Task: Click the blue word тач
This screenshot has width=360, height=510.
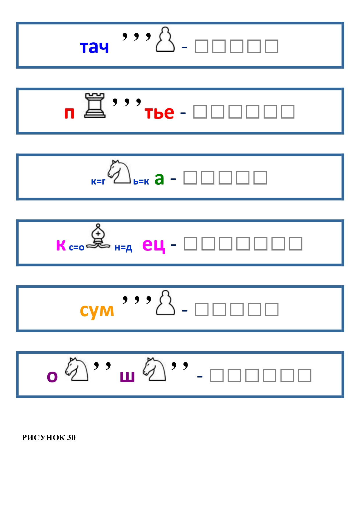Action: coord(94,47)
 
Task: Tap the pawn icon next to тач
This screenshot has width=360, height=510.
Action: coord(165,40)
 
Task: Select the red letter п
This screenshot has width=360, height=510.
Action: coord(69,113)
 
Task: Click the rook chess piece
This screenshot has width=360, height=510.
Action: coord(95,105)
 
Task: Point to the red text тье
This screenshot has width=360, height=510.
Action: coord(159,112)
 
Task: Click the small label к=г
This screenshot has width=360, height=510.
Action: coord(98,182)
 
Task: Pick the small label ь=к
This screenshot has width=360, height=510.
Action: coord(141,182)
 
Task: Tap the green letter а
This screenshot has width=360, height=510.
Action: coord(159,178)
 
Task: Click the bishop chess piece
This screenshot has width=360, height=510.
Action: coord(98,237)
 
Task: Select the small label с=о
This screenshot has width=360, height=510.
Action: coord(77,248)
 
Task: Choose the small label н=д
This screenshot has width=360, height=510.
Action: coord(123,248)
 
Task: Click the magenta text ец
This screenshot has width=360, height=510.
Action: coord(154,245)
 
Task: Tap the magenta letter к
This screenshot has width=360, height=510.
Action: coord(61,245)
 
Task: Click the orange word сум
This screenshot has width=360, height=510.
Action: coord(97,311)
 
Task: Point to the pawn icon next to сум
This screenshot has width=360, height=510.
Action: coord(165,303)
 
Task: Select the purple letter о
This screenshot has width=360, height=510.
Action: coord(52,377)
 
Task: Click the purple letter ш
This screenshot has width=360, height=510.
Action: coord(127,376)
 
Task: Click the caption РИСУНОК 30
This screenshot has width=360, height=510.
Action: coord(49,438)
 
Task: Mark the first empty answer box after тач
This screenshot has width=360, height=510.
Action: coord(201,46)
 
